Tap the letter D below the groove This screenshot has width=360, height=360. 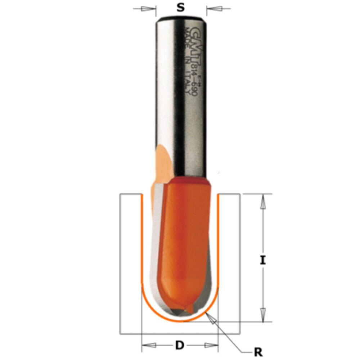(180, 346)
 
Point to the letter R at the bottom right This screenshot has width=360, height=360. (258, 352)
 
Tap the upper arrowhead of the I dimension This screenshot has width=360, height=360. (263, 202)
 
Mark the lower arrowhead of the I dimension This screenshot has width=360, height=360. (263, 314)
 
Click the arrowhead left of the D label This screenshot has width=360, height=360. (149, 346)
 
